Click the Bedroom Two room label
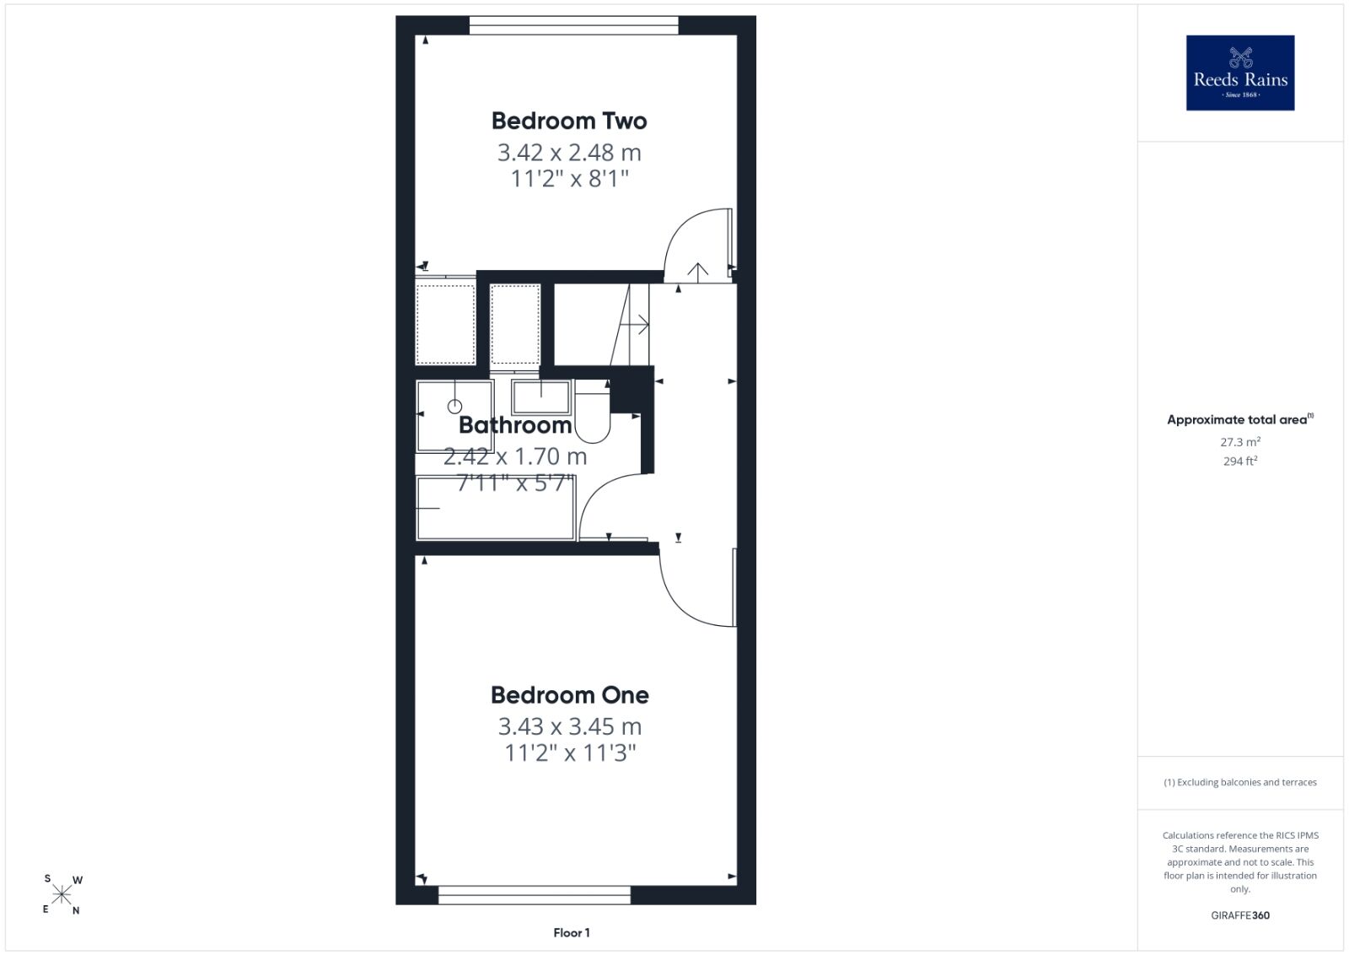click(569, 121)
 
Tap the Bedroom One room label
click(570, 695)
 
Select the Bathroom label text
click(515, 425)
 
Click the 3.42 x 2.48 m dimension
click(569, 153)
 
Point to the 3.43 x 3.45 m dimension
click(570, 726)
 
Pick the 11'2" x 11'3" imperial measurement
click(570, 753)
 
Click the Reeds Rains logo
click(1240, 73)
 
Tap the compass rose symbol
click(62, 895)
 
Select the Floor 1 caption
click(572, 933)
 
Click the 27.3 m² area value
click(1240, 442)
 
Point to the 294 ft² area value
click(1240, 461)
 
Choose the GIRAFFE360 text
click(1240, 915)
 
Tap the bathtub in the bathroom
click(496, 508)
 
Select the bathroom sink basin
click(540, 397)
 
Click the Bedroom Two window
click(574, 25)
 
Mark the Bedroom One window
click(535, 895)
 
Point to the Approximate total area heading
click(1240, 420)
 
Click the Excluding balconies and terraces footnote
click(1240, 782)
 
